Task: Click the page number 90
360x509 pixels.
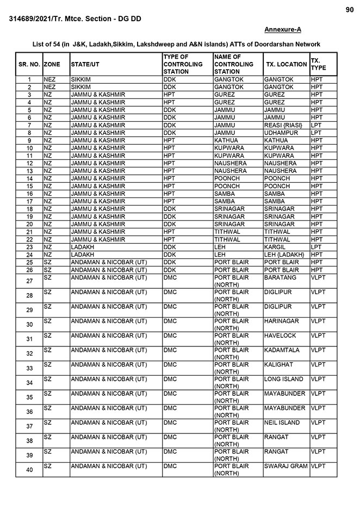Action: click(349, 10)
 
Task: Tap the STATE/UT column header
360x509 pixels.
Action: click(85, 64)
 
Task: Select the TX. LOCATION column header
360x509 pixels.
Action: click(286, 64)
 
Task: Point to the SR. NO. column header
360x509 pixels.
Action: click(29, 64)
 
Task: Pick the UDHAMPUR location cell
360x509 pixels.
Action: click(281, 133)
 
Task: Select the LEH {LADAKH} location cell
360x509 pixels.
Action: click(284, 254)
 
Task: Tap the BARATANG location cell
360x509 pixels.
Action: click(280, 277)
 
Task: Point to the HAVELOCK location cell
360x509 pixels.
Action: click(280, 336)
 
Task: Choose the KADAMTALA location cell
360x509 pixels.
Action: click(282, 350)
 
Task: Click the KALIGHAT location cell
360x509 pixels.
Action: click(278, 364)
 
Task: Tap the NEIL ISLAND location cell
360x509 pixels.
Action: click(282, 423)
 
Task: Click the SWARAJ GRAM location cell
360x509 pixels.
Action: click(285, 466)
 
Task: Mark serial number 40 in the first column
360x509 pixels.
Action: click(29, 470)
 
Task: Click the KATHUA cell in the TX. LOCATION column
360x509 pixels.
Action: click(277, 140)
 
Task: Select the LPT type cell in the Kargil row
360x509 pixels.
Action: click(316, 247)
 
